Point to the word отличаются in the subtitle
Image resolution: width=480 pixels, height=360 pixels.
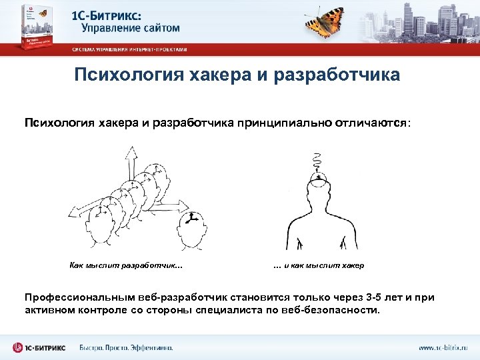[x=375, y=123]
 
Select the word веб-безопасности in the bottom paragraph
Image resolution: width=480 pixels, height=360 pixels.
[x=336, y=310]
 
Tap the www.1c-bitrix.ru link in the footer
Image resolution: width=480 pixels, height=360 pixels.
[x=443, y=347]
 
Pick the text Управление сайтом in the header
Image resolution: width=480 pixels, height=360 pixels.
[x=131, y=28]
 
